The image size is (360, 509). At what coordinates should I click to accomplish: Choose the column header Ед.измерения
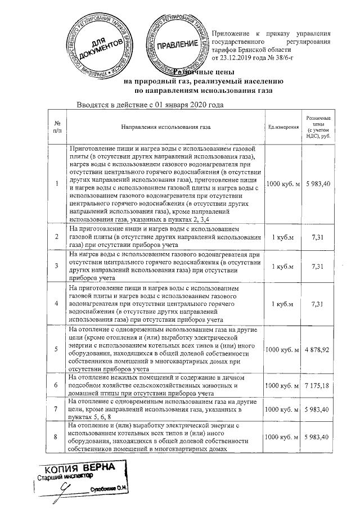point(283,128)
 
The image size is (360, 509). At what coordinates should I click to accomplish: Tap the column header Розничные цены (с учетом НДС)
point(318,128)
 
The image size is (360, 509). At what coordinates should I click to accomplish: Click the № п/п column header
point(57,128)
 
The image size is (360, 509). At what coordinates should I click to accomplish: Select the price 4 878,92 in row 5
point(318,349)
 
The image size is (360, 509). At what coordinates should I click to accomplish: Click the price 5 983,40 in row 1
point(318,184)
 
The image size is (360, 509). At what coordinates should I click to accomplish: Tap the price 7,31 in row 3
point(318,266)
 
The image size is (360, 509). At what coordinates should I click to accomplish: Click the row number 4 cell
point(57,304)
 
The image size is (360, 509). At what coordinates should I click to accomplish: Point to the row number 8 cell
point(57,436)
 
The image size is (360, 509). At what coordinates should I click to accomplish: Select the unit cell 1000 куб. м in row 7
point(283,411)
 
